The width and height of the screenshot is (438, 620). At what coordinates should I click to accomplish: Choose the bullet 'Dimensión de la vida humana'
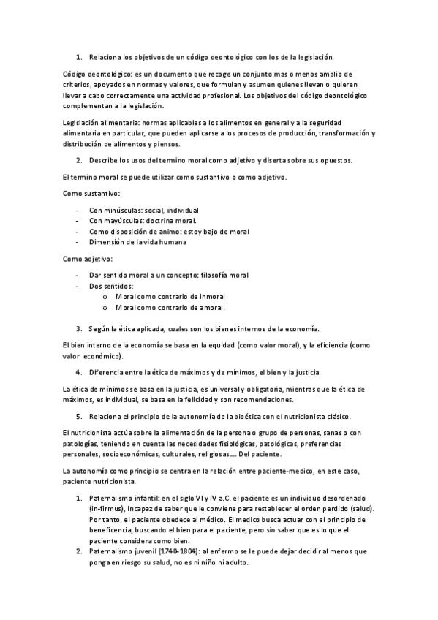[137, 242]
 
